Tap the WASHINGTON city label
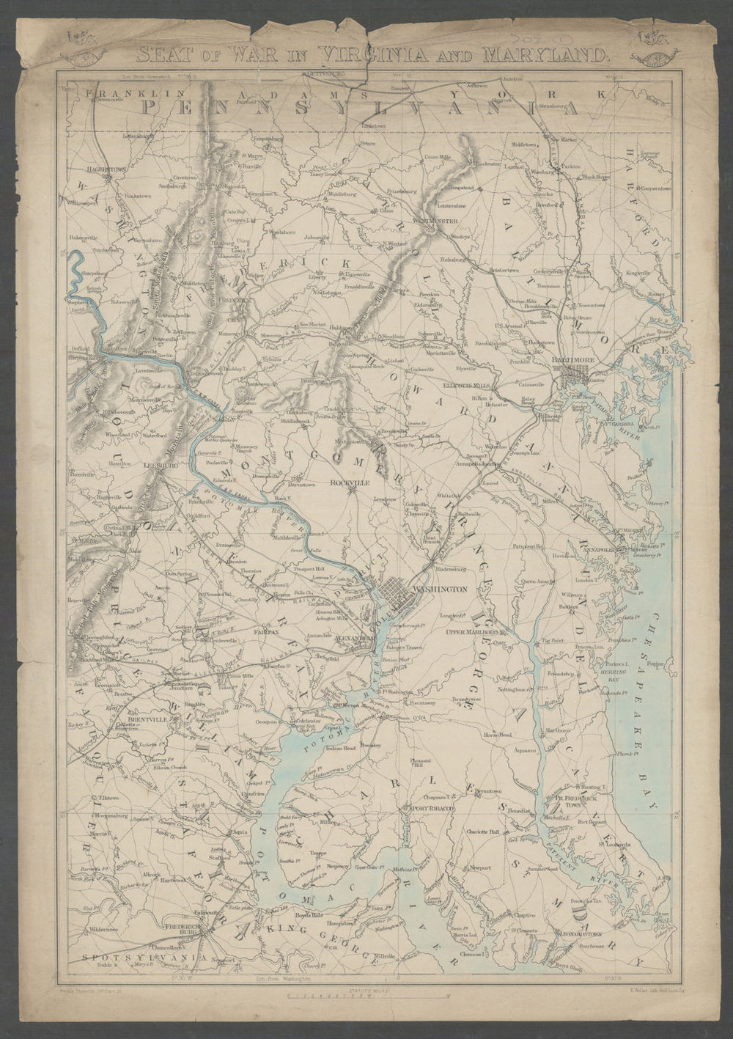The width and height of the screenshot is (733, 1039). pyautogui.click(x=441, y=590)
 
